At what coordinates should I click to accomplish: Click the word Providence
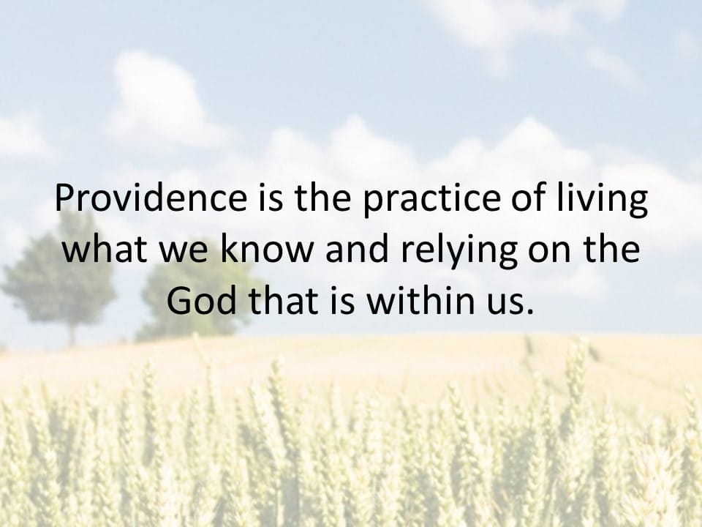tap(151, 198)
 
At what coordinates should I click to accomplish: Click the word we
tap(184, 253)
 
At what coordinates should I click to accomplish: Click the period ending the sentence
tap(531, 311)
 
